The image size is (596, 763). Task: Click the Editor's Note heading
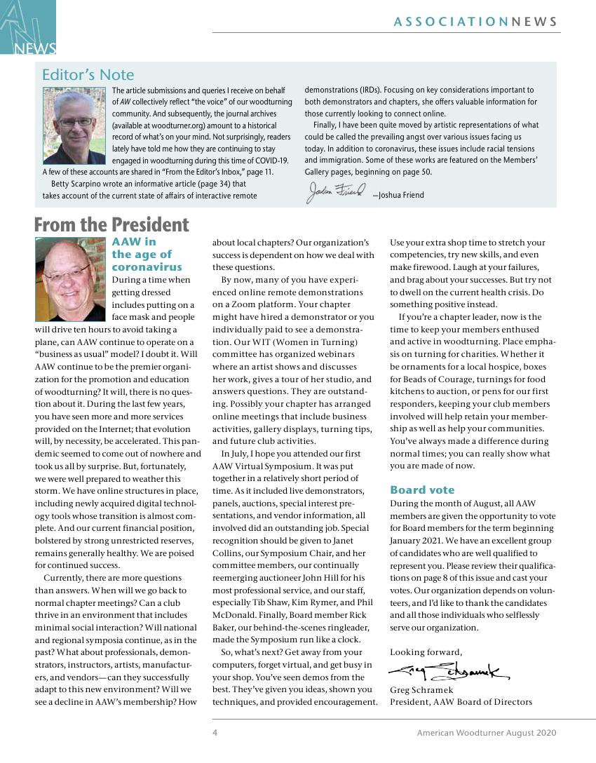click(x=88, y=75)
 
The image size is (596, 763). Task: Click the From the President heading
click(x=111, y=225)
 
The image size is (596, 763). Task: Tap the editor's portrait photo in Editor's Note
click(x=74, y=126)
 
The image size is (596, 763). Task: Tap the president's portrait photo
click(x=70, y=279)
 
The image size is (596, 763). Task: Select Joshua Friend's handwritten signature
click(x=336, y=192)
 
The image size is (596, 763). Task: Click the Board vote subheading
click(x=422, y=490)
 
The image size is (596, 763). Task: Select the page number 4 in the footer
click(x=215, y=733)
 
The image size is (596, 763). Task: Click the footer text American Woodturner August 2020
click(x=486, y=733)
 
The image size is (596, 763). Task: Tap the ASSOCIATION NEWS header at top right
click(x=475, y=22)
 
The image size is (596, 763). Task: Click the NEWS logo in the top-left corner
click(x=28, y=28)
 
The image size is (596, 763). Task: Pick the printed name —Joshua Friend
click(x=398, y=195)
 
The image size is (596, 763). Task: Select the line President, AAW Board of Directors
click(x=461, y=702)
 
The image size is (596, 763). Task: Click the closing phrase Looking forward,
click(x=426, y=651)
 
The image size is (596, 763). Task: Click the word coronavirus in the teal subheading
click(x=147, y=267)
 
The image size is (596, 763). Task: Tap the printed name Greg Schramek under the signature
click(x=421, y=690)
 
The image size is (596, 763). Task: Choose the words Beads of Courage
click(x=430, y=379)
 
